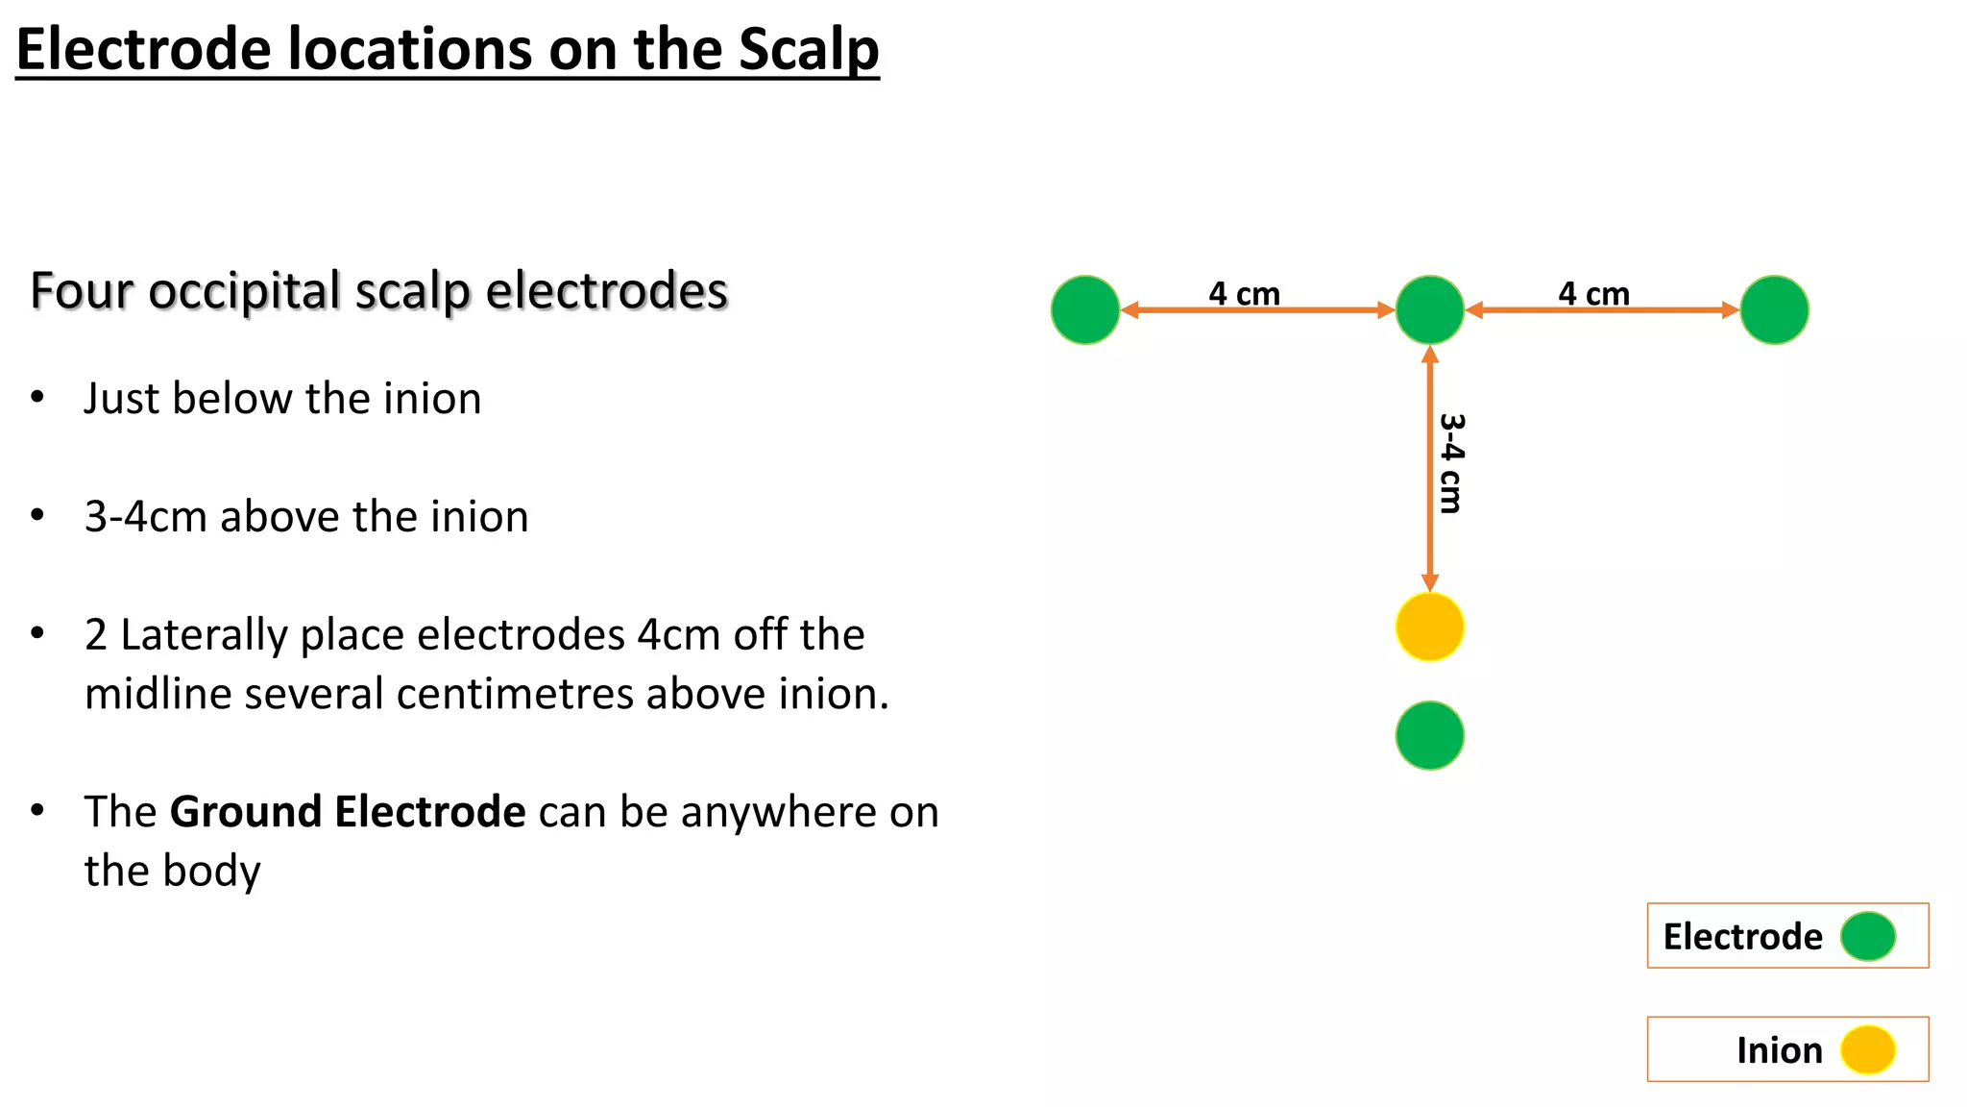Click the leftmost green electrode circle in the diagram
[1085, 309]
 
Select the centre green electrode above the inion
[1429, 309]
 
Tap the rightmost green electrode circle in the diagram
[1774, 309]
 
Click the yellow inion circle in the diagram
[1429, 627]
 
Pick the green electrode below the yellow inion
[1429, 735]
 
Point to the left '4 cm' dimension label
[1244, 293]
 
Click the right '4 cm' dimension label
[1593, 293]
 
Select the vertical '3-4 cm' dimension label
[1451, 463]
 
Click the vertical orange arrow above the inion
[1429, 469]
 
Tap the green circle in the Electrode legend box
[1868, 936]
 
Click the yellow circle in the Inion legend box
[1868, 1049]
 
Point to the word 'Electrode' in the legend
[1742, 936]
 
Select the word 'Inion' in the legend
[1779, 1050]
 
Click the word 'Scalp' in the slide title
[809, 49]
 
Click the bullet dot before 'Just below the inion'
[37, 397]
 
